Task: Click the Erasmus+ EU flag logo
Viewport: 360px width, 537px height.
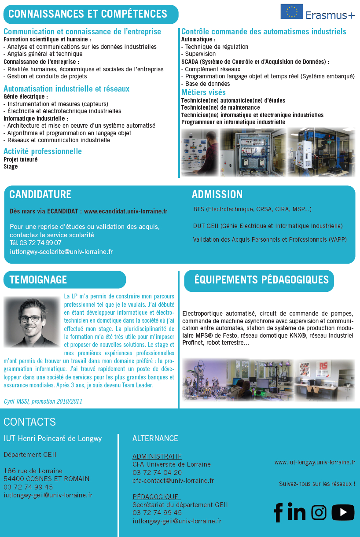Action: [292, 11]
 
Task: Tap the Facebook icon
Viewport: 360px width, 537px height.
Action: [278, 512]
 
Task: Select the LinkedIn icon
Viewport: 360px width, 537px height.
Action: [296, 512]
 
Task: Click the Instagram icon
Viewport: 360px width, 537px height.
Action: [319, 512]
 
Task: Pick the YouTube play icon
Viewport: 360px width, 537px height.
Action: [343, 512]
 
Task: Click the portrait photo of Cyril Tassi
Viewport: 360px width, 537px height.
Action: [32, 322]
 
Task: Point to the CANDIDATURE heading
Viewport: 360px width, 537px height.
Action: [40, 195]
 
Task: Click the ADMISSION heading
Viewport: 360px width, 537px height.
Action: [217, 195]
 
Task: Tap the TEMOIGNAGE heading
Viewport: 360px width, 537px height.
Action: [38, 280]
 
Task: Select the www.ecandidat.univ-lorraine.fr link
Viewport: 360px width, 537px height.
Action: [125, 211]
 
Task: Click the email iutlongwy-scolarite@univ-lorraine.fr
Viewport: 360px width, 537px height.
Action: [61, 252]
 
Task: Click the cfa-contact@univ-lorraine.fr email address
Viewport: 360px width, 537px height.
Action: [173, 481]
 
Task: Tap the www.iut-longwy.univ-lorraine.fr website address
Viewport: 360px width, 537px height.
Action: [315, 462]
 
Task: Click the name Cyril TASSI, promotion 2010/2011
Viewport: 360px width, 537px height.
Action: [43, 401]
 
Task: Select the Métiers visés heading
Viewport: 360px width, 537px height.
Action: [203, 92]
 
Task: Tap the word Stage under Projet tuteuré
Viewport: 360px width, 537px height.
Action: [11, 167]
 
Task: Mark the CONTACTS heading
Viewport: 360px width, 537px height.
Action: [29, 422]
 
